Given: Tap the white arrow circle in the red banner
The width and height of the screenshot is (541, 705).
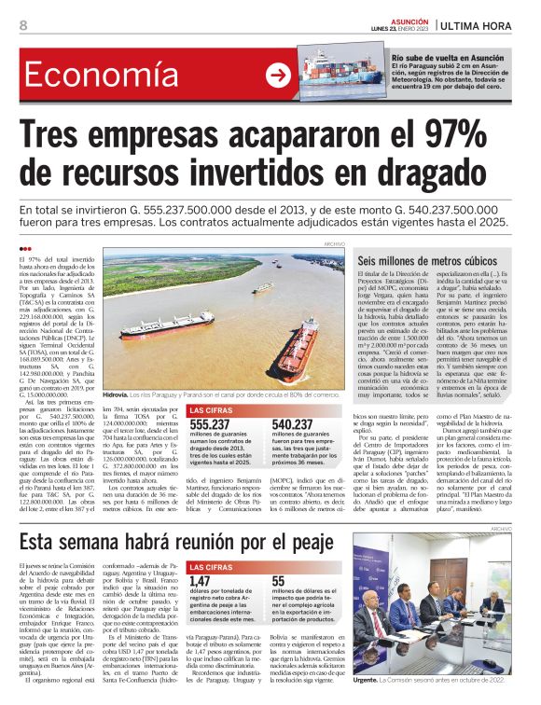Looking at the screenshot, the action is [x=278, y=76].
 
